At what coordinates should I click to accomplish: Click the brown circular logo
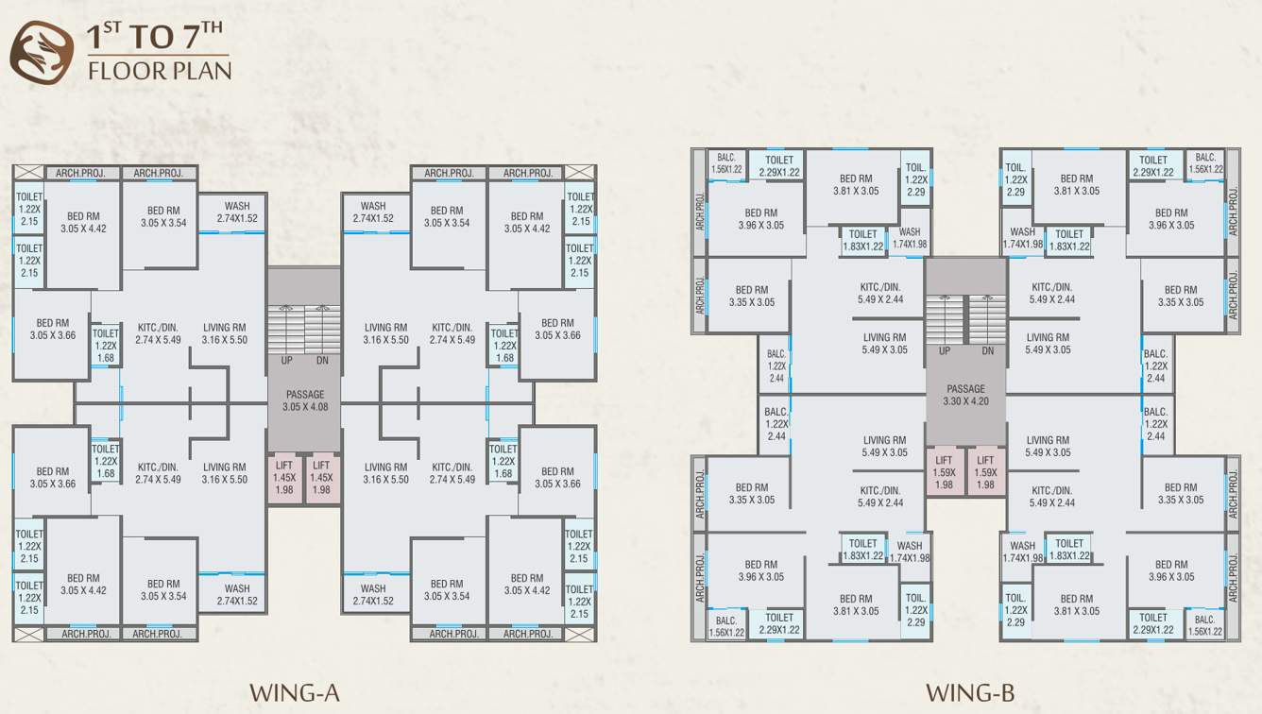tap(42, 51)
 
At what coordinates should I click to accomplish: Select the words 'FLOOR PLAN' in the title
tap(159, 71)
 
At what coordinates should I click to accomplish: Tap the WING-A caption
tap(294, 693)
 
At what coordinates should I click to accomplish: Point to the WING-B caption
tap(970, 693)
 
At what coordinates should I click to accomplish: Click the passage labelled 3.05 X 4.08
tap(304, 400)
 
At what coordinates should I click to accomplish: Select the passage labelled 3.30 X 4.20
tap(965, 395)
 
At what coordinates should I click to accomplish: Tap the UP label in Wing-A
tap(286, 360)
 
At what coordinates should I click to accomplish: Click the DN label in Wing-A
tap(323, 360)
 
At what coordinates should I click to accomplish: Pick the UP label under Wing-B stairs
tap(945, 351)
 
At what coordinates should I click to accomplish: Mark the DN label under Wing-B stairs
tap(987, 351)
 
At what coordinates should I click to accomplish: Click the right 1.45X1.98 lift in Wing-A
tap(322, 478)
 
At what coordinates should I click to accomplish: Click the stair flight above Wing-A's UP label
tap(285, 329)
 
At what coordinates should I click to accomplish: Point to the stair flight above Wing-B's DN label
tap(987, 319)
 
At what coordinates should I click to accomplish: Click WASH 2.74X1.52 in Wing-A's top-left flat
tap(237, 212)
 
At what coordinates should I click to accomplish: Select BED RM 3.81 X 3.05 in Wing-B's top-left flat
tap(856, 184)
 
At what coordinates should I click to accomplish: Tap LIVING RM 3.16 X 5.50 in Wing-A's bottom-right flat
tap(385, 473)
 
